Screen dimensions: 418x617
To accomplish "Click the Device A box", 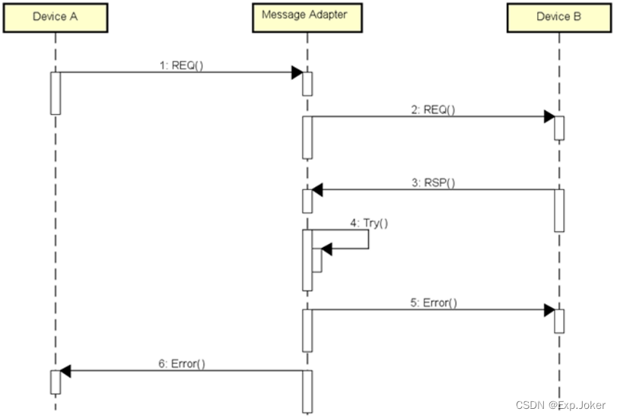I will pyautogui.click(x=56, y=17).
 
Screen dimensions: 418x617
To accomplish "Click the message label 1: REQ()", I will pyautogui.click(x=181, y=65).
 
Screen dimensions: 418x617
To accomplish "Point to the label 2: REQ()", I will pyautogui.click(x=432, y=109).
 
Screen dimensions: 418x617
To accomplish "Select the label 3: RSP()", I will pyautogui.click(x=432, y=182).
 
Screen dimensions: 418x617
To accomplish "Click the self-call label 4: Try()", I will pyautogui.click(x=369, y=223).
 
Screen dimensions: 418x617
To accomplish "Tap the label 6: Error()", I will pyautogui.click(x=182, y=363).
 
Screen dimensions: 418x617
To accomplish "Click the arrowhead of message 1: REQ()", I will pyautogui.click(x=297, y=73).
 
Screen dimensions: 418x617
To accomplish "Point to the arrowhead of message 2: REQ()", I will pyautogui.click(x=548, y=117).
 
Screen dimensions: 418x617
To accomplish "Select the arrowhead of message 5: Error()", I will pyautogui.click(x=548, y=310).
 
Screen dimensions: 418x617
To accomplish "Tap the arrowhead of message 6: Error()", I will pyautogui.click(x=65, y=371).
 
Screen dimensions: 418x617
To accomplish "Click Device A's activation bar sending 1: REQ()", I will pyautogui.click(x=56, y=93).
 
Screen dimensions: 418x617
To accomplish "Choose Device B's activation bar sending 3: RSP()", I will pyautogui.click(x=559, y=210).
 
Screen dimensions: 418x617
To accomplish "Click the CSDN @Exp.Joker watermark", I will pyautogui.click(x=561, y=405).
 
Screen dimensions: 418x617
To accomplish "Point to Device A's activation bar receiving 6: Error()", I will pyautogui.click(x=56, y=382).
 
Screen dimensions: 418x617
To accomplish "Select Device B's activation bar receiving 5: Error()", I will pyautogui.click(x=559, y=321).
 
